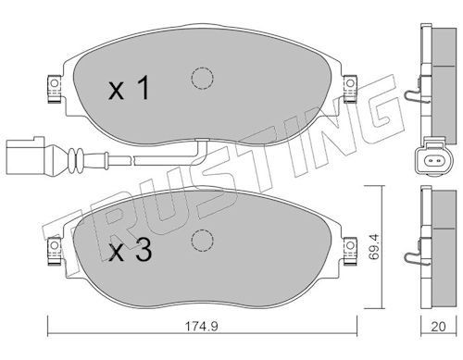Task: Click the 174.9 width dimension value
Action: pos(201,326)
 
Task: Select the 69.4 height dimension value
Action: pos(374,246)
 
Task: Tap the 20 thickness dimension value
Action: pos(438,327)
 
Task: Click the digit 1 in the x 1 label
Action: pos(143,88)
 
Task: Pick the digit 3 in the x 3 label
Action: pos(144,250)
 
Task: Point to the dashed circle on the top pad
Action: pos(202,78)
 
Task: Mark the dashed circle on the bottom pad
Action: pos(202,241)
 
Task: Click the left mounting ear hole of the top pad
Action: pos(55,83)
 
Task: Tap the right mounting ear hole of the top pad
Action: pos(350,83)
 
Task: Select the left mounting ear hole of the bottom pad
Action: pos(55,245)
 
